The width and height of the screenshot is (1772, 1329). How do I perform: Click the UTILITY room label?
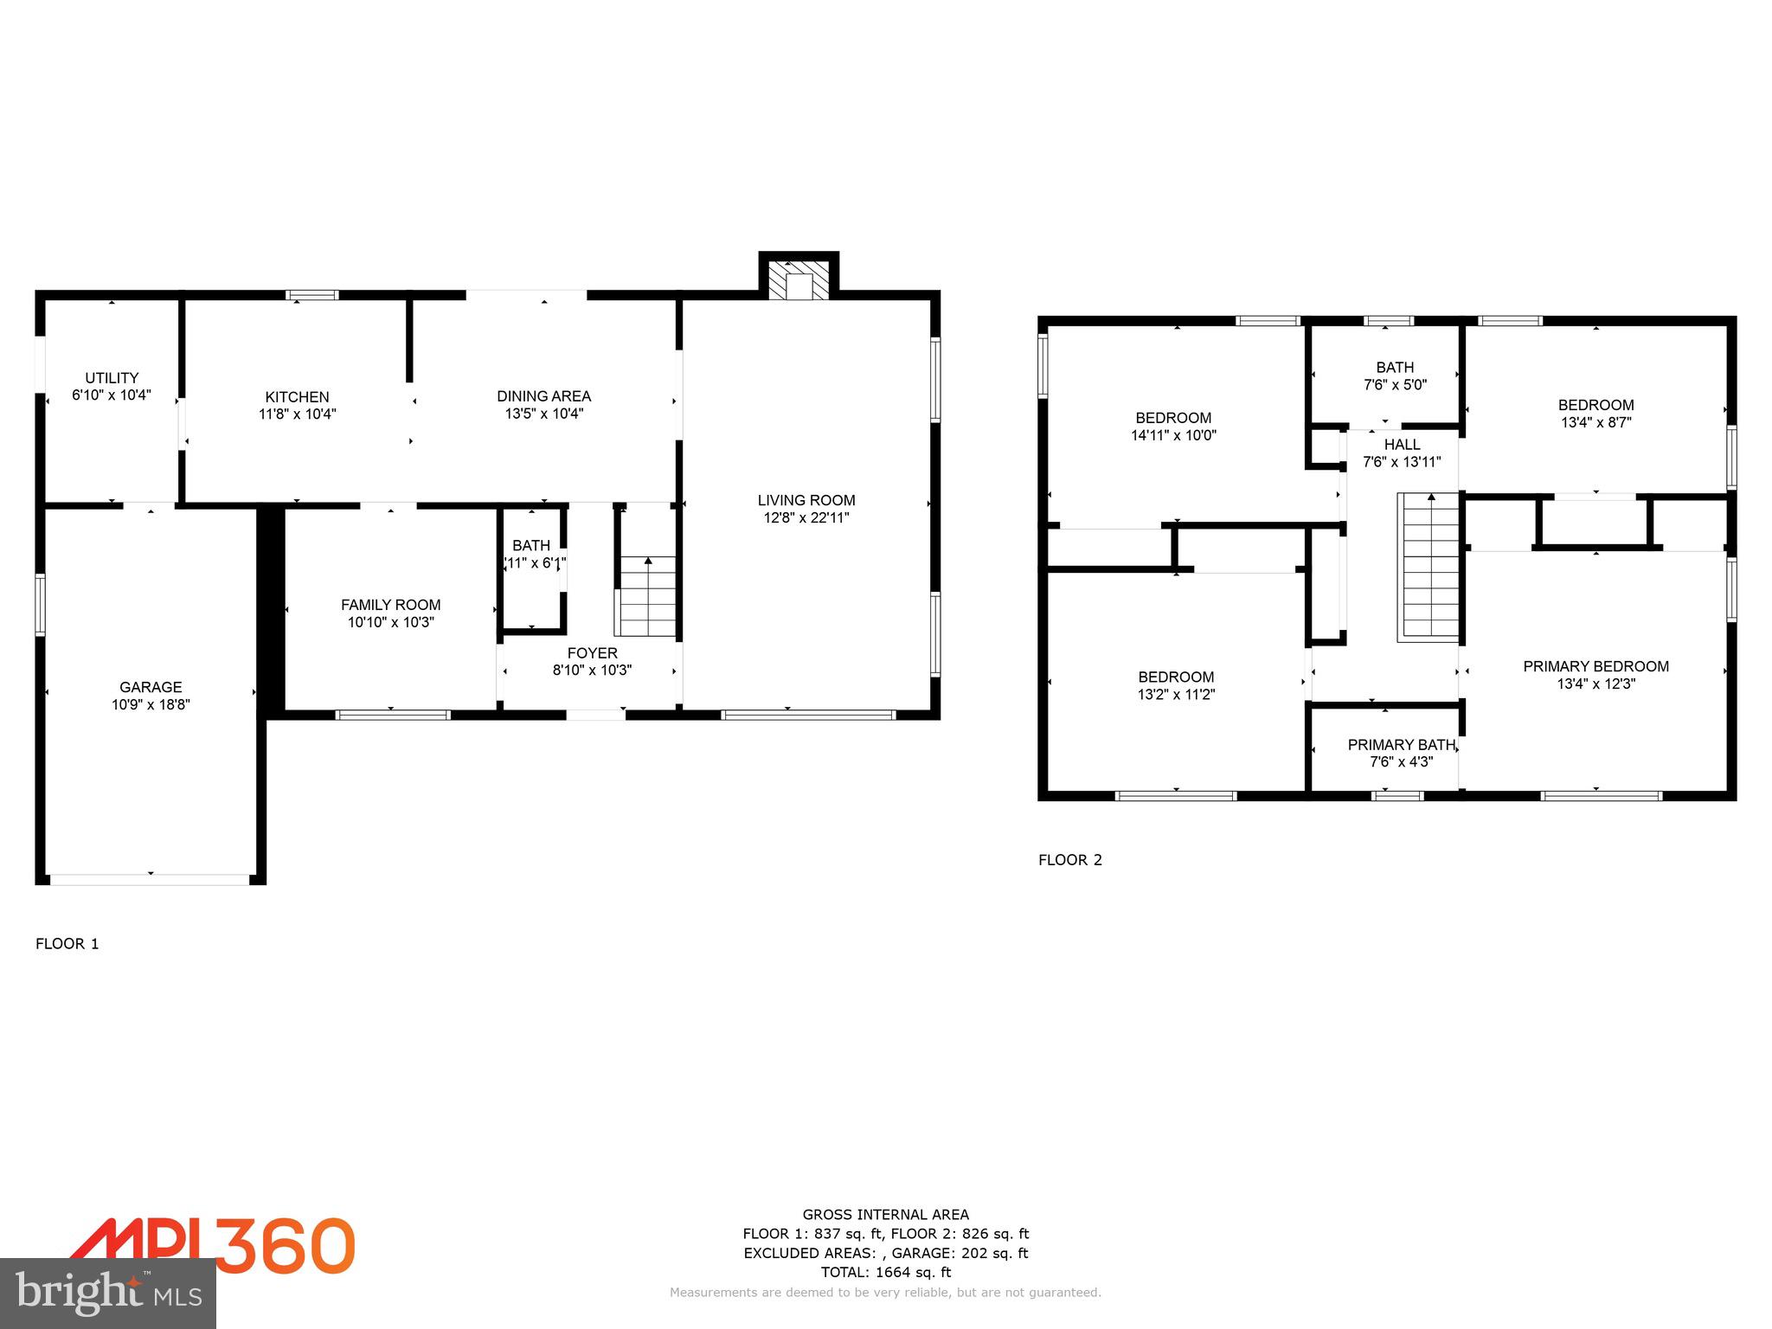click(112, 378)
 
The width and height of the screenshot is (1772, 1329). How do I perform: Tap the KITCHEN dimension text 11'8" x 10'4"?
click(297, 414)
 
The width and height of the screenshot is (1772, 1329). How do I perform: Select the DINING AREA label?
click(543, 396)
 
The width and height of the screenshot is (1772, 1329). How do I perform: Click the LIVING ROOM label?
click(806, 500)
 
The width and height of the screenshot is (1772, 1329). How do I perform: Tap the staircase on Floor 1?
click(647, 596)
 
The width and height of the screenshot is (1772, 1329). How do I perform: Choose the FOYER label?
click(592, 653)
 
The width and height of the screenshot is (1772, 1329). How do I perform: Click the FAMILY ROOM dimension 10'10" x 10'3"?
click(390, 622)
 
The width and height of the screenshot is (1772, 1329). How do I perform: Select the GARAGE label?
click(151, 687)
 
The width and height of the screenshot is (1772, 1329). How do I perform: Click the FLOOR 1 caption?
click(67, 944)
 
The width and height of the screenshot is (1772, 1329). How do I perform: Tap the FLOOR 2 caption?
click(1070, 860)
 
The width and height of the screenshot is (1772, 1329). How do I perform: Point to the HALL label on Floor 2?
click(1402, 445)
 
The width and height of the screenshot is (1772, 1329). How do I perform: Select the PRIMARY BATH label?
click(1401, 745)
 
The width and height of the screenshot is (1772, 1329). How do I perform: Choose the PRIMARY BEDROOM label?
click(1595, 666)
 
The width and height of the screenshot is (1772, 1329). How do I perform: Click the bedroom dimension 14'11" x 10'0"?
click(1173, 436)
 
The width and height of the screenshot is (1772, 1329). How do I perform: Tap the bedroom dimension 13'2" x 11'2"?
click(1176, 695)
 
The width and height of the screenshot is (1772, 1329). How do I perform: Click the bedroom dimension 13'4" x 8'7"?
click(1595, 423)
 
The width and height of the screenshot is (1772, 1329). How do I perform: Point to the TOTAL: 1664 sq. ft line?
click(885, 1272)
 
